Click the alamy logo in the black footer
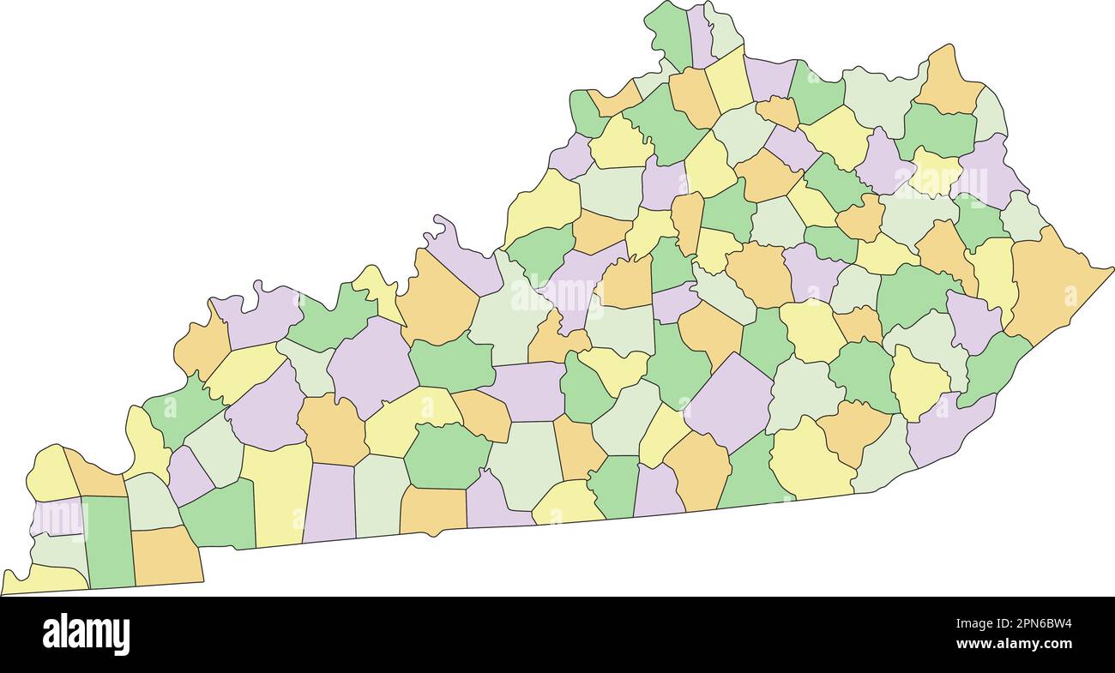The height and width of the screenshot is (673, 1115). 86,634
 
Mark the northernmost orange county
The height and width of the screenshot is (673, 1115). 949,81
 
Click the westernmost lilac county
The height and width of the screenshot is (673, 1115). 57,517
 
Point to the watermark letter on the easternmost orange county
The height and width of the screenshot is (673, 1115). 1070,296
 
